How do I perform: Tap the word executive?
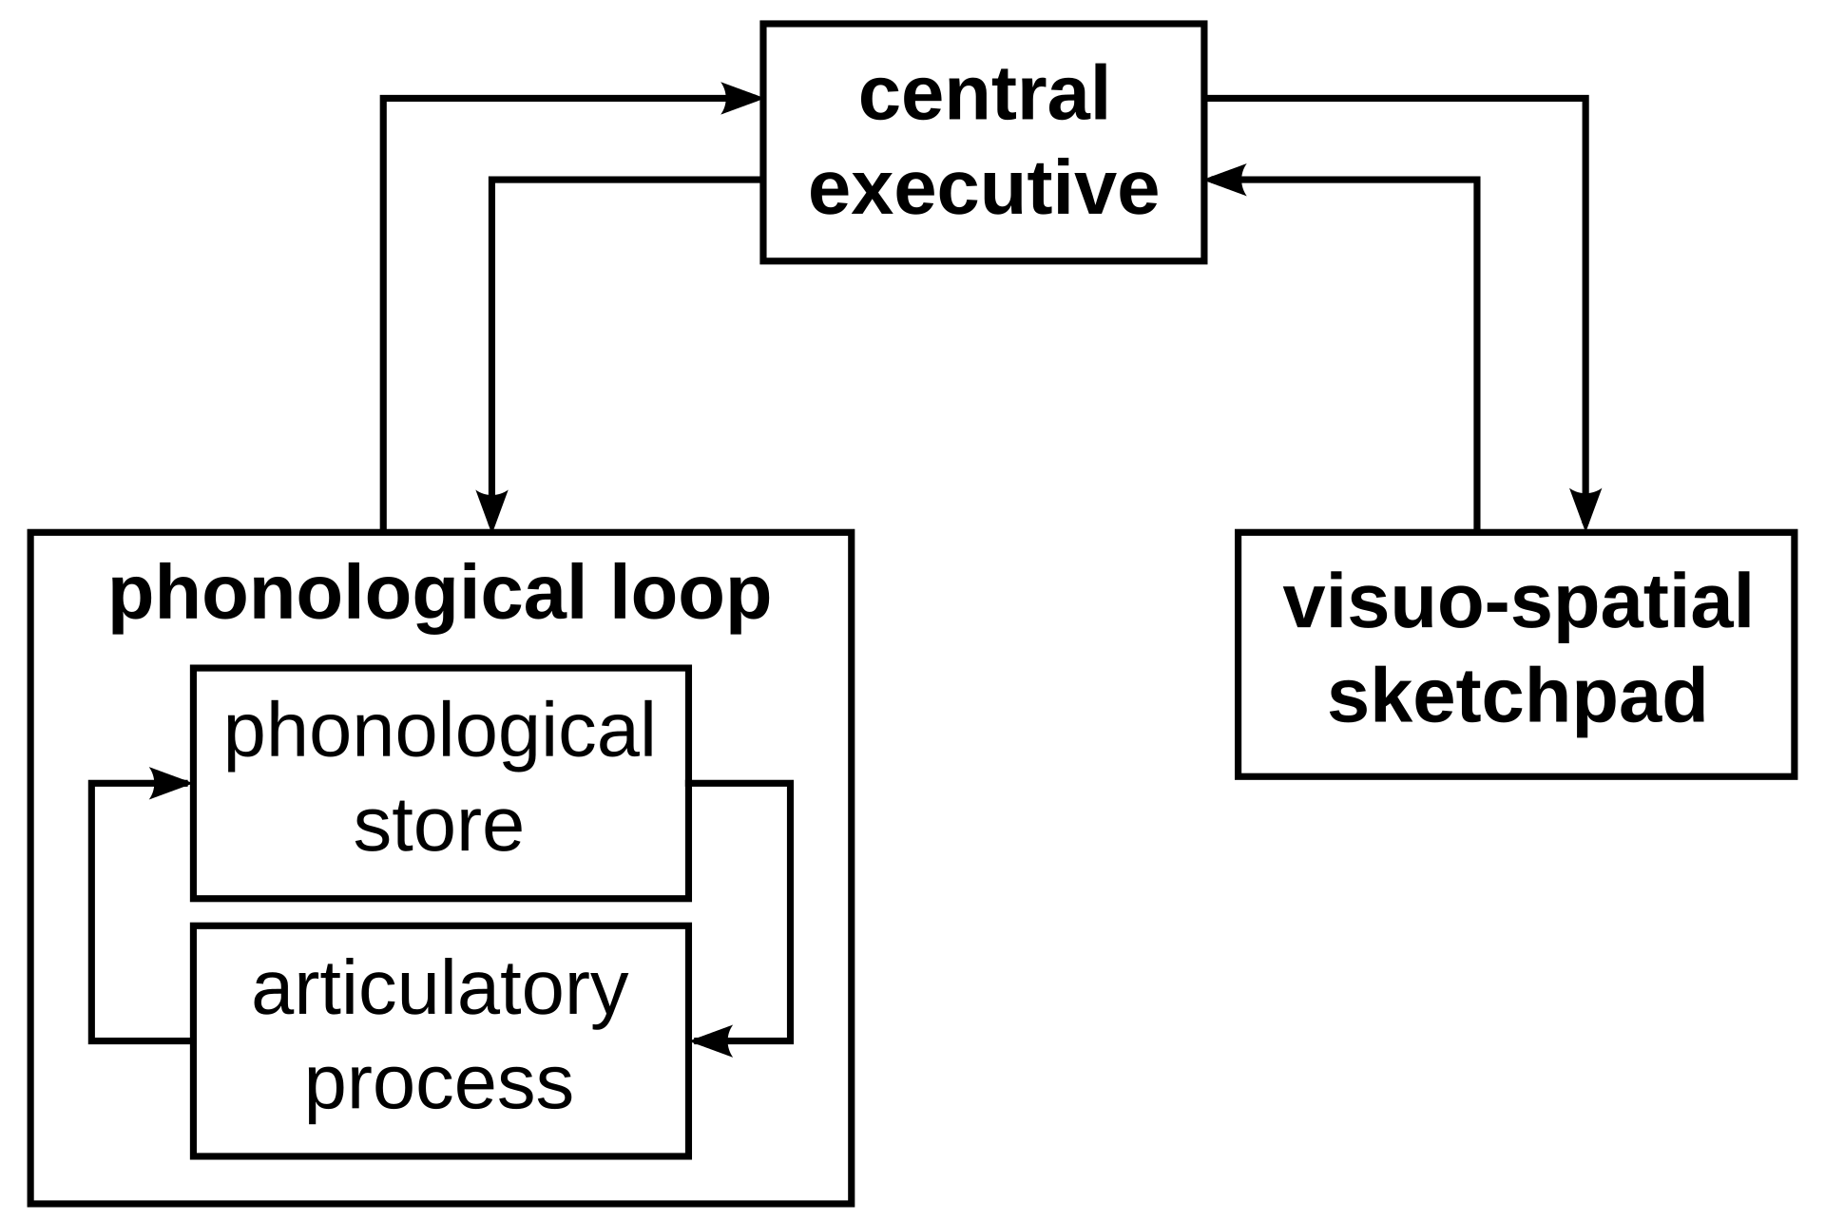[x=984, y=187]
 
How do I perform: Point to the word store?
[x=438, y=825]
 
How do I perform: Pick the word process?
[x=439, y=1086]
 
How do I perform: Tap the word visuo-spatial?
[x=1517, y=605]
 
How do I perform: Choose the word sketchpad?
[x=1517, y=696]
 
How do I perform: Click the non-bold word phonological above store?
[x=440, y=735]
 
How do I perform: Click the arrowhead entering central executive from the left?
[x=741, y=98]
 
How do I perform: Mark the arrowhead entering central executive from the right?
[x=1226, y=179]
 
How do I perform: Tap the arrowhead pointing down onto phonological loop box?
[x=491, y=510]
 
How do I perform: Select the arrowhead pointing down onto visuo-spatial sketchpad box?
[x=1585, y=510]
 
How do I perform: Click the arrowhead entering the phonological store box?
[x=171, y=783]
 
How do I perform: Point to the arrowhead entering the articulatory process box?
[x=712, y=1041]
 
